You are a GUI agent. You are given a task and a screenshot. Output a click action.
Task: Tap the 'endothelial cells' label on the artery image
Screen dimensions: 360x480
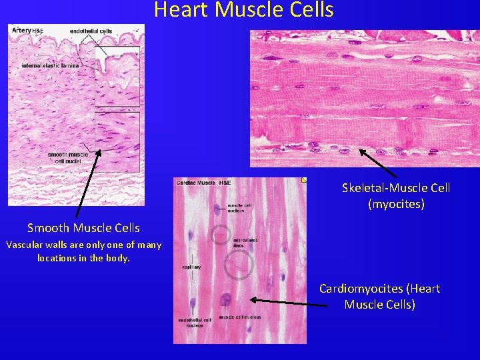pos(92,31)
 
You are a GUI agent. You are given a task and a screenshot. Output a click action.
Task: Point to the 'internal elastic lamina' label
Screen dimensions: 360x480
pos(50,65)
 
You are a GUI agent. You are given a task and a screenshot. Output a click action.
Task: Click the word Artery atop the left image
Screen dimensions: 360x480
pos(20,31)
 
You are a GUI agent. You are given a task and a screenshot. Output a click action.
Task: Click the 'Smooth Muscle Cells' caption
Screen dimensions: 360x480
pos(83,228)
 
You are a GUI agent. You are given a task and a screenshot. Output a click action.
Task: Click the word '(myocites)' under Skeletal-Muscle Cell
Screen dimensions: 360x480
pos(396,204)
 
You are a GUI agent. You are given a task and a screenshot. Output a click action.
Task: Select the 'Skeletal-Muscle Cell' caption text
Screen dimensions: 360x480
pos(396,188)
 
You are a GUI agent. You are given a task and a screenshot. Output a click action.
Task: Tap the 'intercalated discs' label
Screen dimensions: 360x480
pos(242,242)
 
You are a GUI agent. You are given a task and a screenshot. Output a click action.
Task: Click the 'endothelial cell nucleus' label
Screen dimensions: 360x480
pos(195,323)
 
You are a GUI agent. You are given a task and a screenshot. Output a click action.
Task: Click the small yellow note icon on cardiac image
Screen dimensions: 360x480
pos(304,180)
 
